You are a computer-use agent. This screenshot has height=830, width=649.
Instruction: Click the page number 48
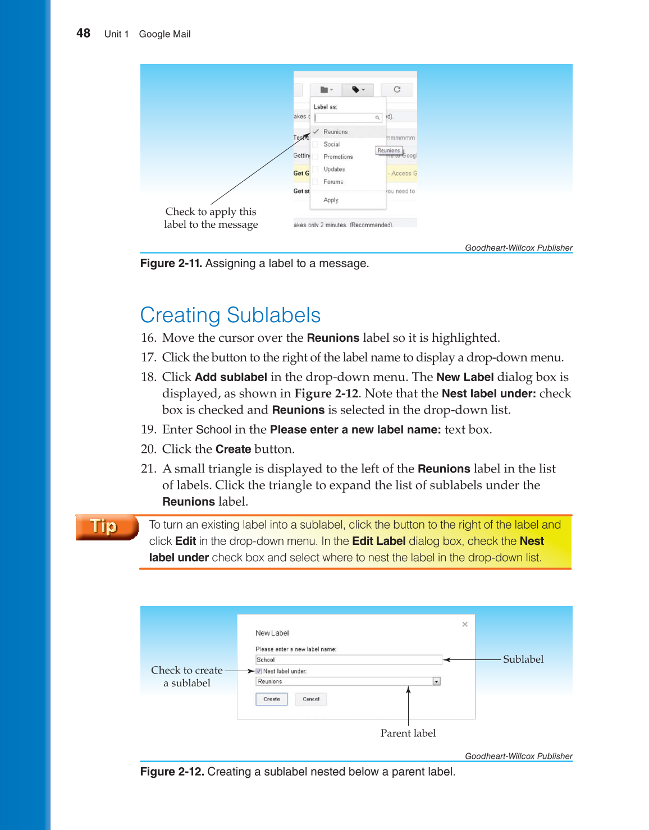click(x=83, y=34)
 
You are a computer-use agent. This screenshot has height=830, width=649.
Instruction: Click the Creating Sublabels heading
click(x=230, y=315)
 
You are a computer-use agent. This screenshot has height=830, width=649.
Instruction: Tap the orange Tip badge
click(x=106, y=527)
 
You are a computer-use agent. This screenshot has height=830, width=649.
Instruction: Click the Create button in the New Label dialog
click(x=272, y=699)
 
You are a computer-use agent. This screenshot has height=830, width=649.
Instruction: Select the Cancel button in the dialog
click(x=310, y=699)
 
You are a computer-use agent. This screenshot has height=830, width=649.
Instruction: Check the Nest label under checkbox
click(x=259, y=671)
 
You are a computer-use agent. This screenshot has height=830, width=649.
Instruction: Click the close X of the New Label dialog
click(x=465, y=624)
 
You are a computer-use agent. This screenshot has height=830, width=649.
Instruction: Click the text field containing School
click(x=348, y=660)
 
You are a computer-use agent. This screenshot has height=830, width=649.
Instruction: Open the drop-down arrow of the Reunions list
click(x=436, y=682)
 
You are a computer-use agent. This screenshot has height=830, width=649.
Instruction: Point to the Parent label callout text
click(x=408, y=733)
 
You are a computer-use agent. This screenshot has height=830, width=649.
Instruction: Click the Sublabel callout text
click(x=523, y=659)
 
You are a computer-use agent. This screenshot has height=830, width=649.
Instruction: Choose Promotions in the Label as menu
click(x=338, y=157)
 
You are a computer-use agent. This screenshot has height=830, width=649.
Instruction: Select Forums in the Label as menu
click(x=333, y=182)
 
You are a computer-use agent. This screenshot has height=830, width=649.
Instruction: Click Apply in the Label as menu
click(x=331, y=200)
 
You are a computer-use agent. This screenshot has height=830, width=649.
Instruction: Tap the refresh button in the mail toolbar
click(x=397, y=90)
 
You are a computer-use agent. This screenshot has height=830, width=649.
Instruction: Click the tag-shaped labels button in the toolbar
click(x=358, y=90)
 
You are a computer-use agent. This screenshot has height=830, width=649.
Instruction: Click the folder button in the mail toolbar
click(x=326, y=90)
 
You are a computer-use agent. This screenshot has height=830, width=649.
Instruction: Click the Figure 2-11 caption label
click(x=171, y=264)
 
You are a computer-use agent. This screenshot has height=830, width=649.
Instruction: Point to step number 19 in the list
click(x=148, y=430)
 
